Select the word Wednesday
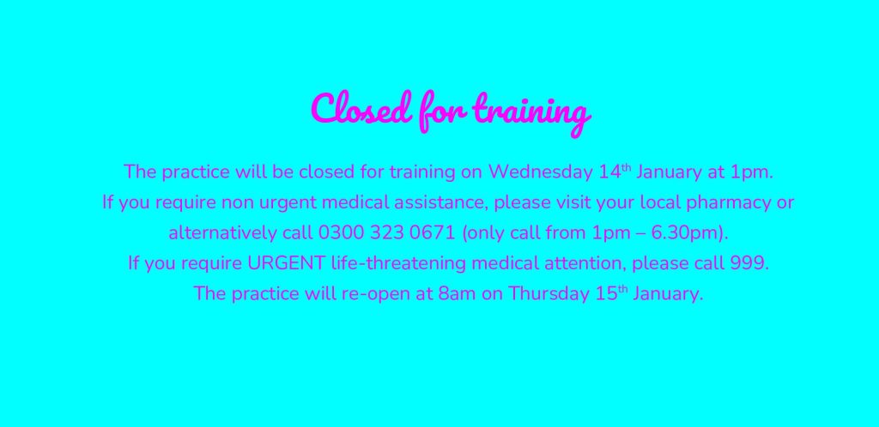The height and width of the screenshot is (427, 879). (541, 172)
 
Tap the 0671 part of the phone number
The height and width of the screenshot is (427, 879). (433, 233)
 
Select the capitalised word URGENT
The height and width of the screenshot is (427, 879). (286, 263)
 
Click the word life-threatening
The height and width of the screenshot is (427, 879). (398, 263)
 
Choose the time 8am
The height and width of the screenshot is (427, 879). (457, 294)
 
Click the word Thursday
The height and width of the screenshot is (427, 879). (549, 294)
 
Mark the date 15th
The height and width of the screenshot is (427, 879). (611, 292)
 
